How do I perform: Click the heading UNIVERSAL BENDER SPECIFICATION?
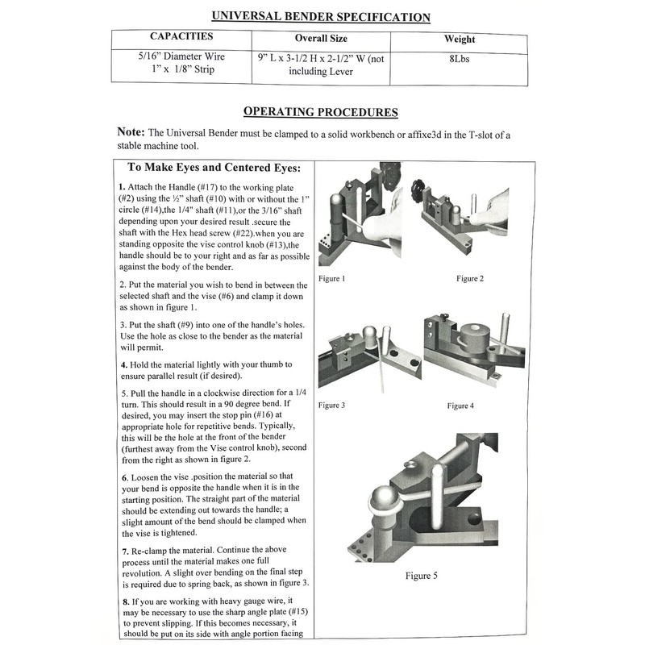coord(320,17)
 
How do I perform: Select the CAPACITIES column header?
coord(181,37)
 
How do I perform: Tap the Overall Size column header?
coord(321,39)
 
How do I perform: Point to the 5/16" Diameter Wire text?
coord(181,56)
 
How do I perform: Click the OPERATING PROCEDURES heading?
coord(320,112)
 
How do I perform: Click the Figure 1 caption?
coord(332,279)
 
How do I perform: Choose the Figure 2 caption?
coord(470,279)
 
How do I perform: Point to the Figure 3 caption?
coord(332,405)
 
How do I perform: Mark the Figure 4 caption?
coord(460,405)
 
